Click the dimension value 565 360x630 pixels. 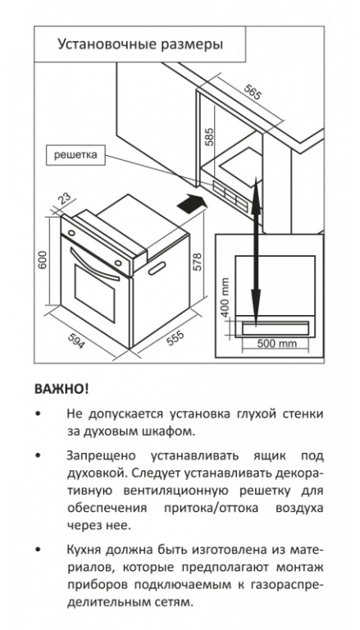click(253, 93)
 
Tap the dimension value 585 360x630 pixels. click(209, 137)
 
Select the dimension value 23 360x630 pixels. click(63, 199)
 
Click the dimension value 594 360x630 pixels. click(76, 341)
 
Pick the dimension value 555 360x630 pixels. click(175, 338)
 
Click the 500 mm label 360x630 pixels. click(277, 344)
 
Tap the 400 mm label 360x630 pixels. click(225, 297)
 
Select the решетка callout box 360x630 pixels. click(75, 155)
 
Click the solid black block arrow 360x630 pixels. click(193, 203)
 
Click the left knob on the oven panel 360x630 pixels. click(71, 233)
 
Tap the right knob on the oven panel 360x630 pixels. click(118, 262)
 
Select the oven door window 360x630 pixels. click(95, 294)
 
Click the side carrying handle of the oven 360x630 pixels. click(157, 268)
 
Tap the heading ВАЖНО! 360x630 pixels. click(62, 389)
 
